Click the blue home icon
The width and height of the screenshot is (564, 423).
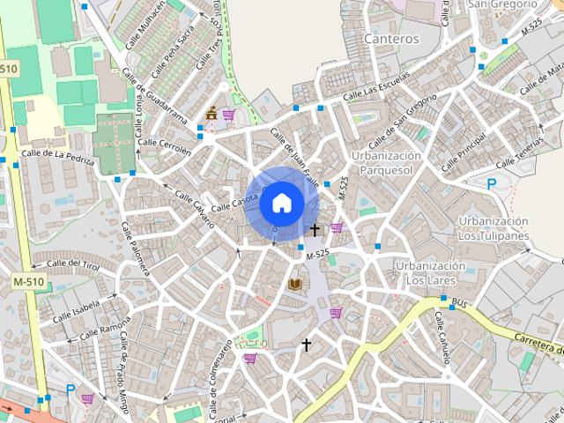(x=281, y=203)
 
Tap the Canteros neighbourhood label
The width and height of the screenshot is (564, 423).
(x=391, y=40)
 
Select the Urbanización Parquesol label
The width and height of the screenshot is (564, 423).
(x=386, y=162)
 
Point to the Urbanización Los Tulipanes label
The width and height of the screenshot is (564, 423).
(x=493, y=227)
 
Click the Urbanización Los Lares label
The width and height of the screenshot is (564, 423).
(x=429, y=272)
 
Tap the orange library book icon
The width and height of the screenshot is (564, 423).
(x=295, y=284)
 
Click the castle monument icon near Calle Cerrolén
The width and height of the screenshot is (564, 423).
(x=211, y=114)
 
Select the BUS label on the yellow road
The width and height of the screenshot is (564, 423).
(x=458, y=303)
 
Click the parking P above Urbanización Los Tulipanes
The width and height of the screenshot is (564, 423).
(x=492, y=184)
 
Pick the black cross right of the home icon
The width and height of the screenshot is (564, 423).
(x=315, y=229)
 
